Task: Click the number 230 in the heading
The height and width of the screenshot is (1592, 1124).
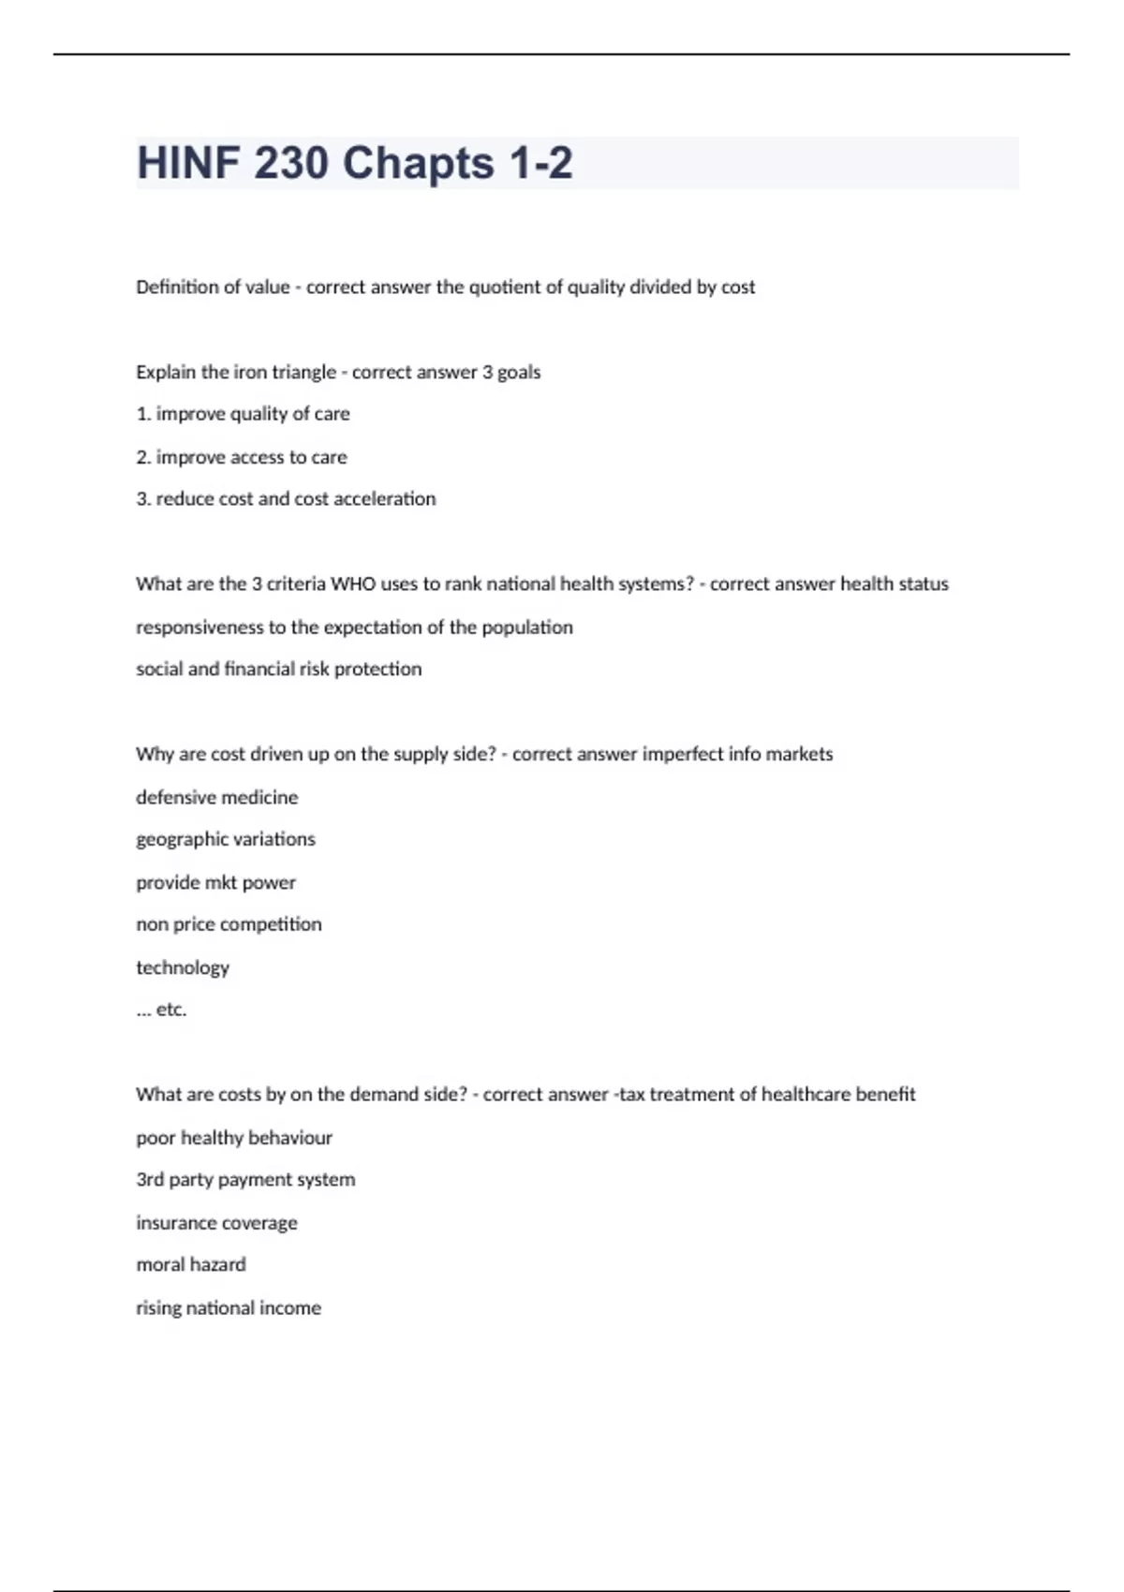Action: coord(291,163)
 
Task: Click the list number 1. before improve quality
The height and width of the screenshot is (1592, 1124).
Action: coord(143,414)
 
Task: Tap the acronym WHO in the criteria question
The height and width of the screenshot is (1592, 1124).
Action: coord(353,584)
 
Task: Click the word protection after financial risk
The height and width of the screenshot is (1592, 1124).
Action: coord(377,670)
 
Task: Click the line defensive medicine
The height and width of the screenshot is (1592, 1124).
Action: coord(216,798)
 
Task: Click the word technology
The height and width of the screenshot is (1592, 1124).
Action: coord(183,967)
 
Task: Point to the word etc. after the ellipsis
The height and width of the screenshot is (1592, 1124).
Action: coord(171,1010)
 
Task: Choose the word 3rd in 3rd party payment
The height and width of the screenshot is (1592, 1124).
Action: coord(150,1180)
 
